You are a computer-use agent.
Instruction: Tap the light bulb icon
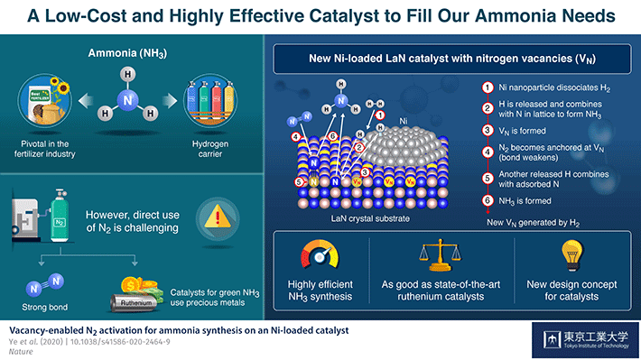click(x=571, y=255)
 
